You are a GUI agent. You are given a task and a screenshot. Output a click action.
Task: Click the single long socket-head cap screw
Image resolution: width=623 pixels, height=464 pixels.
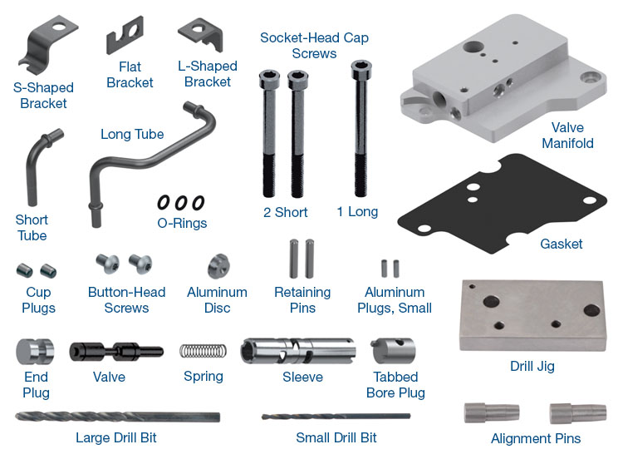(x=361, y=128)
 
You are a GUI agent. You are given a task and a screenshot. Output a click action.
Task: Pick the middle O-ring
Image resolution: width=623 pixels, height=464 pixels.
(x=181, y=203)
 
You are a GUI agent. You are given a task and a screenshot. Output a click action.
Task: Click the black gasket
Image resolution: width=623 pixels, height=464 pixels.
(x=502, y=204)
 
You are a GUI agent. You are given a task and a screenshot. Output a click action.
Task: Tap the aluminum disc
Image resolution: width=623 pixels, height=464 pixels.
(x=218, y=266)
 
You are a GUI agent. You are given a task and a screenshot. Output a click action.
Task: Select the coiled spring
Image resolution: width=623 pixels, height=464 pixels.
(x=203, y=351)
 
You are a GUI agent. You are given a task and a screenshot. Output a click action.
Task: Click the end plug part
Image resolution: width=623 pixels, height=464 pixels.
(x=35, y=352)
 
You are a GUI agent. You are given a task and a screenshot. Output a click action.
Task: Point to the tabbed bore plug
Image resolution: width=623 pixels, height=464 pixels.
(x=393, y=351)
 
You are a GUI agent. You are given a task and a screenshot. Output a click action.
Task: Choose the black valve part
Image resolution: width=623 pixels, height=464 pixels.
(x=116, y=352)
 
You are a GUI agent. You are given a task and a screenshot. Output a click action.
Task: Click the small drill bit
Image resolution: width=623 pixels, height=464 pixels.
(x=336, y=417)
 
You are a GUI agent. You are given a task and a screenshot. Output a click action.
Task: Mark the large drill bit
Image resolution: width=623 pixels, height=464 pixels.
(x=118, y=417)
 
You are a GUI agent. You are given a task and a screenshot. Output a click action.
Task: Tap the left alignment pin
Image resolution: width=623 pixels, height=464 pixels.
(x=492, y=413)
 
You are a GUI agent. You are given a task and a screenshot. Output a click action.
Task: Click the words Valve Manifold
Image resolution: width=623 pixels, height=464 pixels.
(x=568, y=136)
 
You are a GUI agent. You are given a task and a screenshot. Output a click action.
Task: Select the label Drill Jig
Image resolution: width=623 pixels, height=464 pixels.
(x=532, y=366)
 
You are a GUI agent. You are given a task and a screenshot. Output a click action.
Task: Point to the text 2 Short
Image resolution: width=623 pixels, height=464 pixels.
(x=285, y=212)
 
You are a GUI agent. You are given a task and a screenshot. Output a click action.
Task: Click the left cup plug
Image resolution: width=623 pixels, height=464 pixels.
(x=24, y=270)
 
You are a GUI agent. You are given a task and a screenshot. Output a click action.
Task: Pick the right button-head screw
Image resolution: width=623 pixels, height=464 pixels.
(x=140, y=264)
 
